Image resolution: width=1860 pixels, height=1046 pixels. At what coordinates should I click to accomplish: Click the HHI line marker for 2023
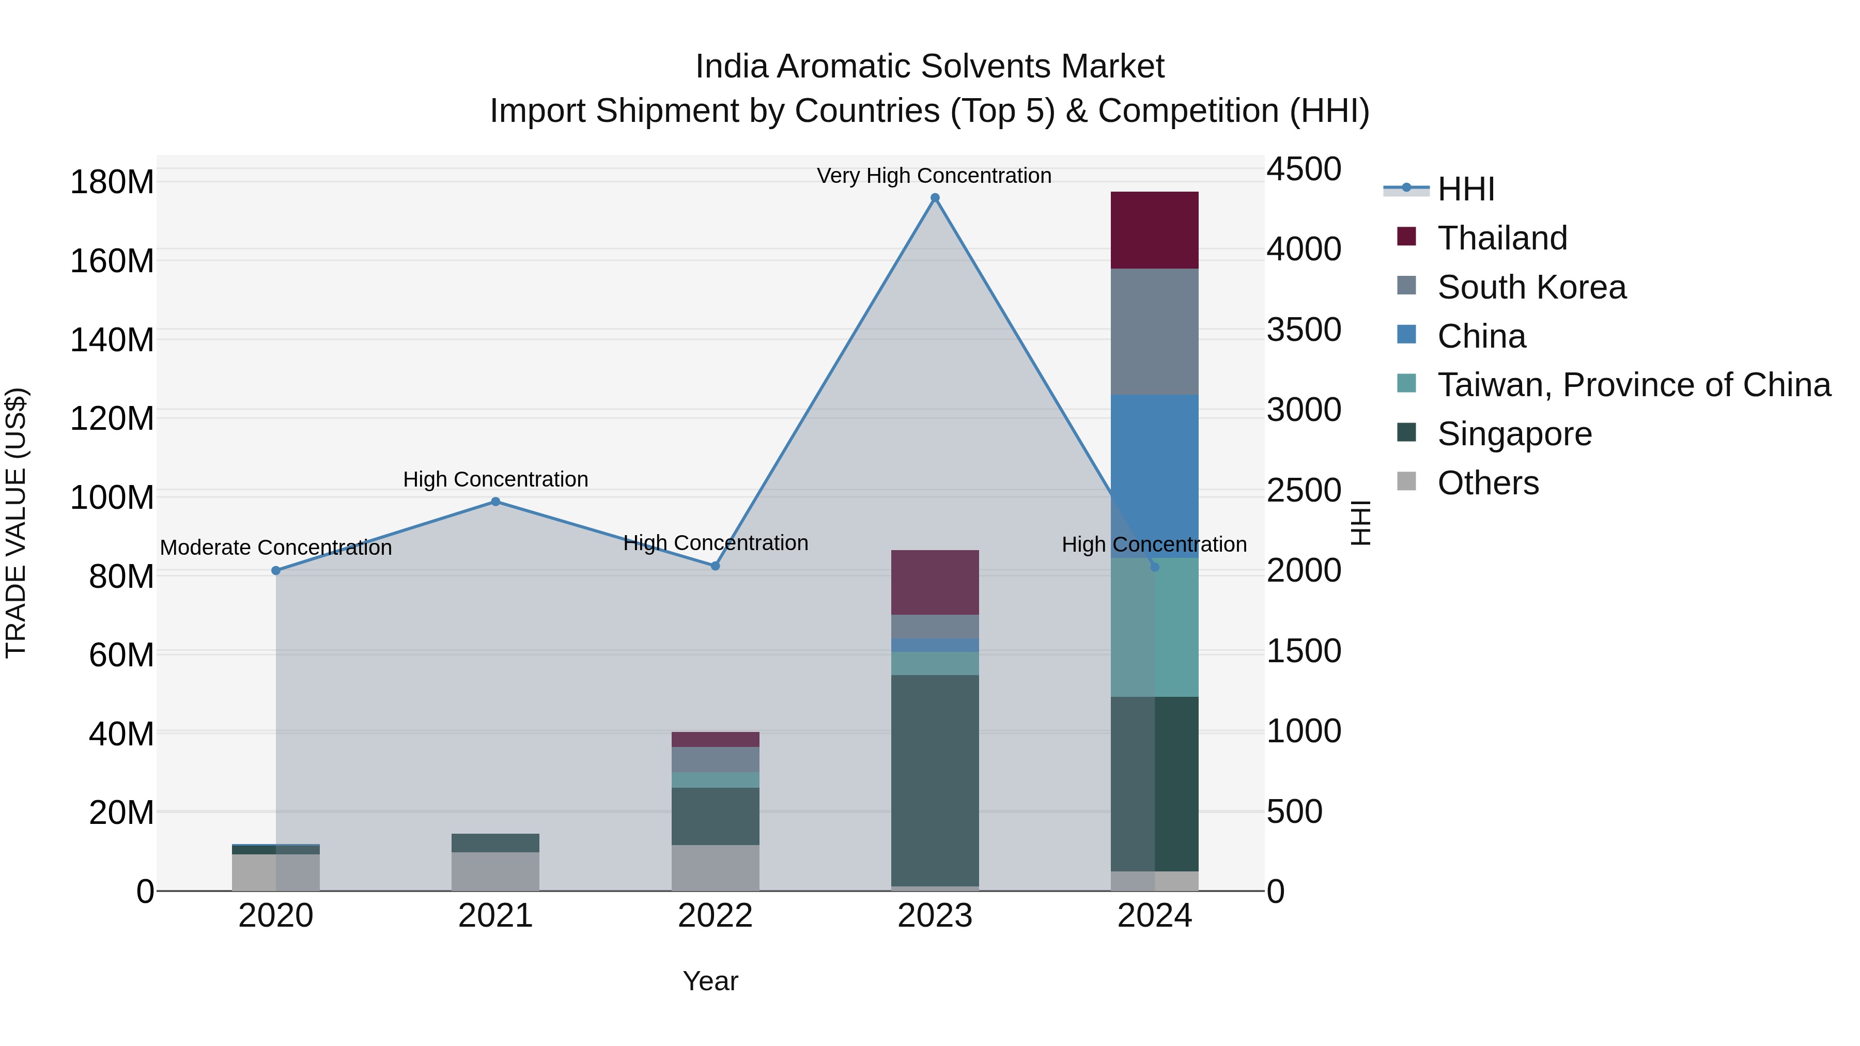pos(935,198)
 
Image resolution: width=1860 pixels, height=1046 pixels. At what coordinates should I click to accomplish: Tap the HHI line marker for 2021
pos(495,502)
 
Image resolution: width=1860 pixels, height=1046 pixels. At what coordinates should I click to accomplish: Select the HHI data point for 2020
pos(276,570)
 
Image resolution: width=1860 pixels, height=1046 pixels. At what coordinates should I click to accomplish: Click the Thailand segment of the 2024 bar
pos(1155,230)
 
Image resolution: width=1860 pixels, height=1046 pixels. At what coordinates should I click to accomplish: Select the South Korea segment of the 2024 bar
pos(1155,332)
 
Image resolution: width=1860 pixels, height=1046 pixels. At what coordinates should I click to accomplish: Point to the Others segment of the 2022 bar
pos(716,868)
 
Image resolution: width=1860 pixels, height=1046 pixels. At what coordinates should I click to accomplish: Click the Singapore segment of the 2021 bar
pos(495,843)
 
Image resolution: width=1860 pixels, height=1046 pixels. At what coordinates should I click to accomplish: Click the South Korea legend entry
pos(1531,287)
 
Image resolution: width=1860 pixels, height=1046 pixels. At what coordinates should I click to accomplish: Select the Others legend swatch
pos(1406,481)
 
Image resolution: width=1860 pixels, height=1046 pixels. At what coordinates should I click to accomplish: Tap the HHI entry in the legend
pos(1466,189)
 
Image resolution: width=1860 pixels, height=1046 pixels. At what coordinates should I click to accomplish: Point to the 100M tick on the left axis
pos(112,498)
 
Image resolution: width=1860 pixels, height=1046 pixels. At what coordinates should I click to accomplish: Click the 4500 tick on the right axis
pos(1304,169)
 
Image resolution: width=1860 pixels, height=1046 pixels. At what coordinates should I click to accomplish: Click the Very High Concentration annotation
pos(934,176)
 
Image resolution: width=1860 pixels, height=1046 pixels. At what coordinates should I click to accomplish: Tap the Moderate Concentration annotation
pos(276,548)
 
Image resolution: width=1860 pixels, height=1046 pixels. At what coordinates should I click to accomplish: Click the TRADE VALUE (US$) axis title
pos(16,523)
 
